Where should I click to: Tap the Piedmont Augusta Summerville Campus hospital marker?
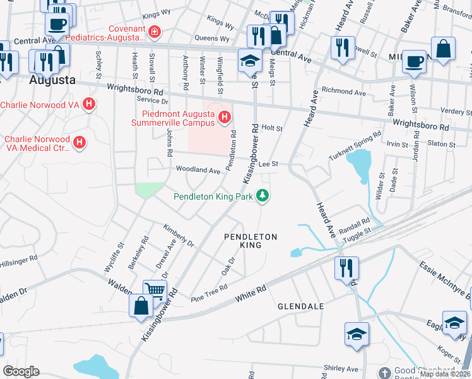click(x=223, y=116)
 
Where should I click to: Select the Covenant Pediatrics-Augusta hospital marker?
click(x=154, y=31)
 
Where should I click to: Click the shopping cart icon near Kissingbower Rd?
click(x=154, y=291)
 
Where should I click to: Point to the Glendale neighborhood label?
click(x=300, y=306)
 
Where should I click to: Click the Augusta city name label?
click(x=52, y=81)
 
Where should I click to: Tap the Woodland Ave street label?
click(x=198, y=170)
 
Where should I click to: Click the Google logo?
click(x=21, y=371)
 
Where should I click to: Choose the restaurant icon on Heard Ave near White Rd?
click(x=347, y=268)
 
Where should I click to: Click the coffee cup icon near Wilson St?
click(x=414, y=61)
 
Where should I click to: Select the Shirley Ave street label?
click(x=340, y=369)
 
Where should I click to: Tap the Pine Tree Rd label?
click(x=208, y=292)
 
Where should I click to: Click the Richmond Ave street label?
click(x=343, y=93)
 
